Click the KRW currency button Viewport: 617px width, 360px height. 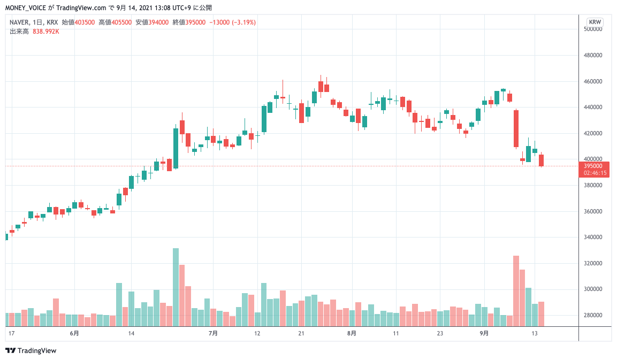tap(595, 22)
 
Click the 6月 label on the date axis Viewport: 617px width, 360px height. tap(74, 333)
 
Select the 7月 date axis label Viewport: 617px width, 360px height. tap(213, 333)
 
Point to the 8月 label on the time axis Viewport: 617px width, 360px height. tap(352, 333)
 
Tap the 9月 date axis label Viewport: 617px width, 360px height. tap(484, 333)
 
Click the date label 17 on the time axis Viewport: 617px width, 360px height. tap(12, 333)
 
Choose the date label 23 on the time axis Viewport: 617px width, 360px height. tap(440, 333)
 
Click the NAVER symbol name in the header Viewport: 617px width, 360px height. tap(19, 22)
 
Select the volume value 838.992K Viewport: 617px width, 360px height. tap(46, 32)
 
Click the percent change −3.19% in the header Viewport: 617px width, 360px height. tap(240, 22)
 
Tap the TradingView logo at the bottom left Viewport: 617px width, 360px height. tap(31, 350)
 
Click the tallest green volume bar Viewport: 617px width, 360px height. tap(176, 287)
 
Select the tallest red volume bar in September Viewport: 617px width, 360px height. tap(516, 291)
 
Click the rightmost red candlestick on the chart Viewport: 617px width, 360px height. tap(542, 160)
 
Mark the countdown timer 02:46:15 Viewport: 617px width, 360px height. tap(595, 173)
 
